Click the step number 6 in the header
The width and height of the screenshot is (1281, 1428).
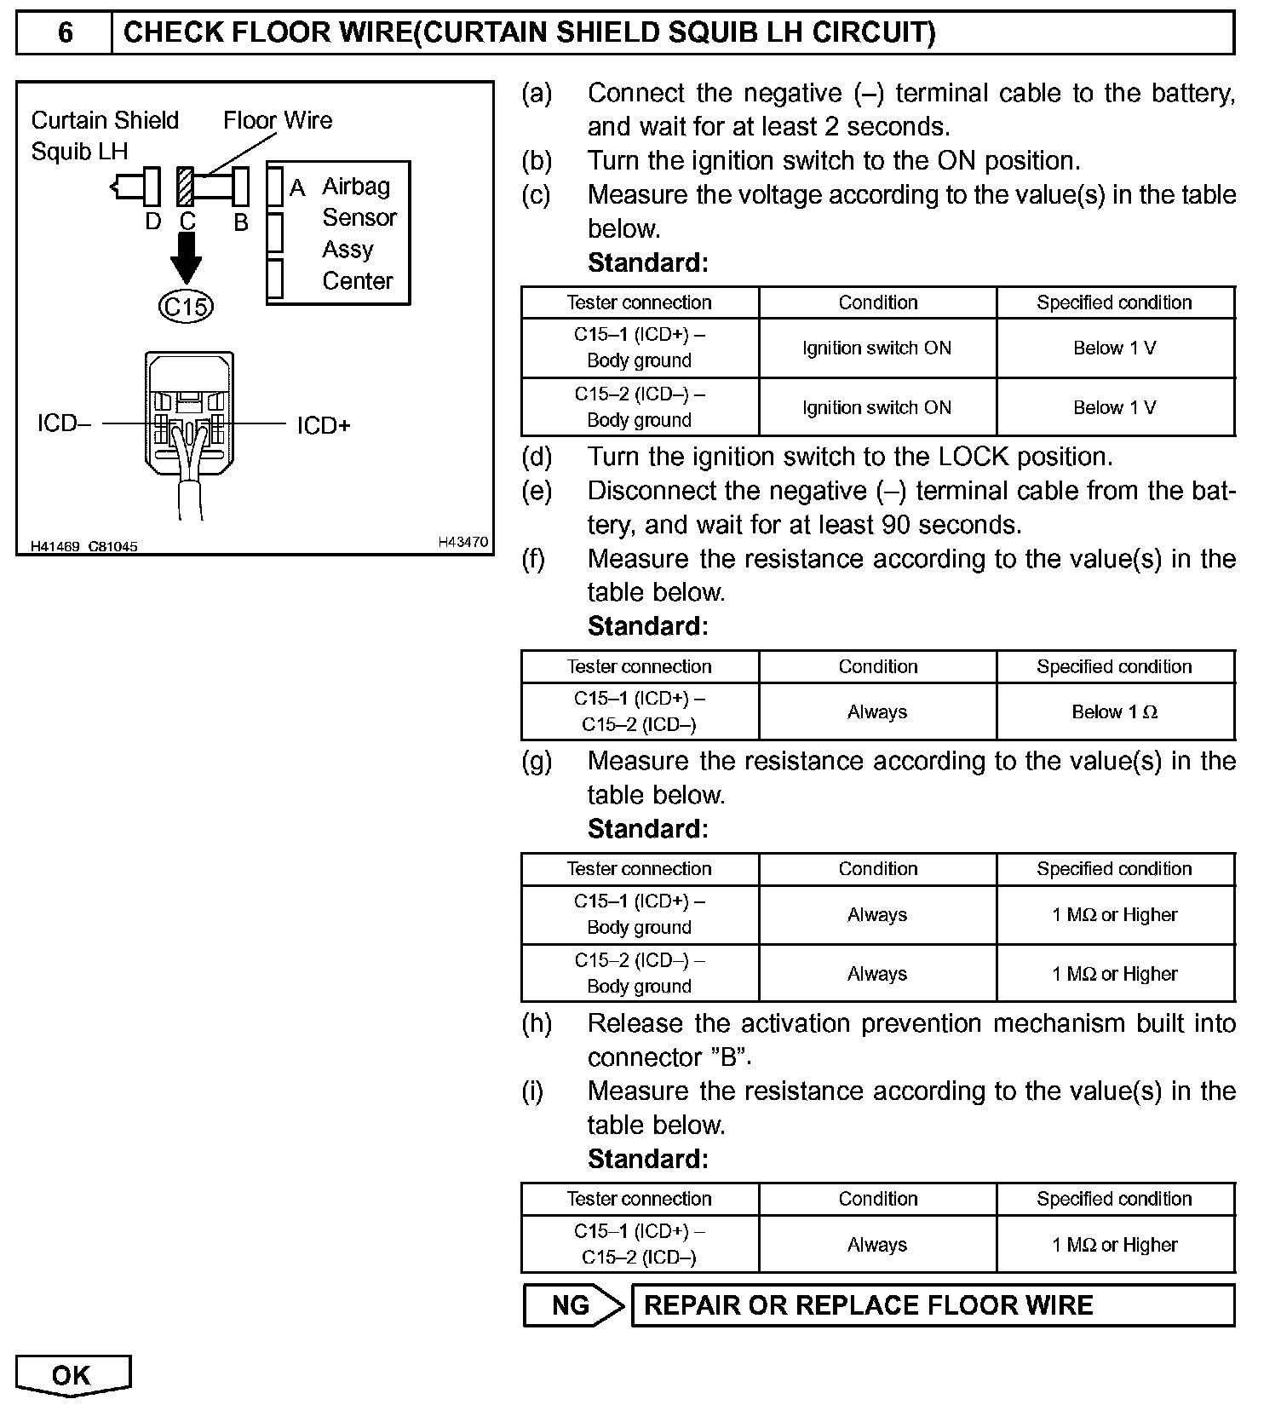[x=65, y=33]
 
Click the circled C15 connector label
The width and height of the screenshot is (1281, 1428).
[x=186, y=306]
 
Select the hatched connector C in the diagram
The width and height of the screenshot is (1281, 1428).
[x=186, y=187]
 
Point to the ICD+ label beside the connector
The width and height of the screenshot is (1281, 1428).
[x=324, y=425]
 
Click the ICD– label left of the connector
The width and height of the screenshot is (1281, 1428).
[x=64, y=423]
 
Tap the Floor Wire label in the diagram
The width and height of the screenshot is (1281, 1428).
[x=278, y=120]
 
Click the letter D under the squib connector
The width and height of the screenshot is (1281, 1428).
[x=152, y=222]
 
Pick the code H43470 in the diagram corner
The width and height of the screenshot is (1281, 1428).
[x=462, y=542]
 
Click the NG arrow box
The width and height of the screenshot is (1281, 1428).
[x=572, y=1305]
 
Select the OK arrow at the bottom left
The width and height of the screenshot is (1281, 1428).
[x=72, y=1375]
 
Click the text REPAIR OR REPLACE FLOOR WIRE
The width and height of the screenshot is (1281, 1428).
[x=868, y=1305]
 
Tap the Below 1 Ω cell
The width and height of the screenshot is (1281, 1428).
[x=1114, y=712]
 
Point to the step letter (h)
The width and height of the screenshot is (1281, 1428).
[x=537, y=1023]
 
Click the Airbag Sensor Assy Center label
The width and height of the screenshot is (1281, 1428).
[x=358, y=233]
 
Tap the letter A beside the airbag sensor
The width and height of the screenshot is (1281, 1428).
[x=297, y=187]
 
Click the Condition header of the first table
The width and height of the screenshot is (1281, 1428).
[x=877, y=302]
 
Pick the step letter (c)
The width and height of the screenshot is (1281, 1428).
[x=536, y=195]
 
